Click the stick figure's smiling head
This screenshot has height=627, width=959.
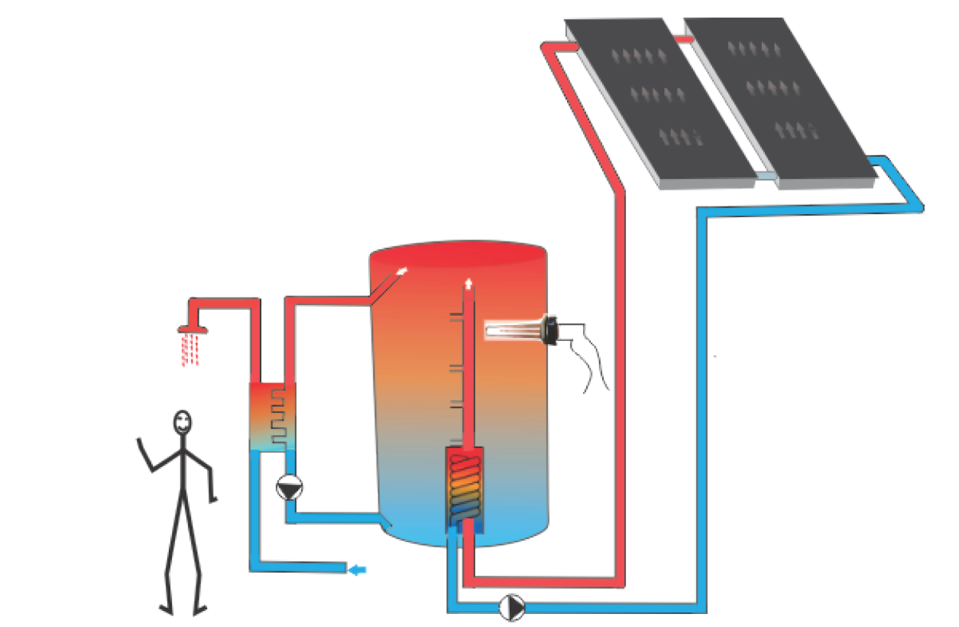[x=182, y=423]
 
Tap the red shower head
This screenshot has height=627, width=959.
[x=193, y=329]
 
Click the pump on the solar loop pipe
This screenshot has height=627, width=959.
[x=512, y=607]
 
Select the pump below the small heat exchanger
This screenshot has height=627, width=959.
[x=290, y=487]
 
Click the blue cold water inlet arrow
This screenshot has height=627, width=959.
[x=357, y=570]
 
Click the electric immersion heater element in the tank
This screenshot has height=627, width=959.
[x=512, y=331]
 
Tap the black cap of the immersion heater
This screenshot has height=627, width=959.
[x=552, y=330]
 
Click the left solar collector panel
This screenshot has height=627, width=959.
[x=657, y=101]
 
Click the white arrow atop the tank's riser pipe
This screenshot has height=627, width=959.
[x=468, y=283]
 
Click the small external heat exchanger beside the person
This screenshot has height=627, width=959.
[x=272, y=417]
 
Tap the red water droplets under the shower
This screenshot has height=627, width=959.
[x=190, y=351]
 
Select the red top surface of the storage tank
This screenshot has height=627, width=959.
[x=458, y=252]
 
